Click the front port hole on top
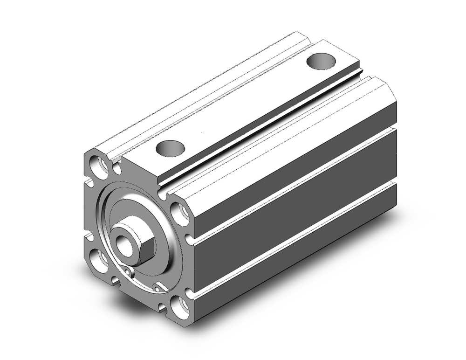coord(170,148)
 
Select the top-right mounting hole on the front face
coord(179,212)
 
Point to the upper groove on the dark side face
coord(294,187)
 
